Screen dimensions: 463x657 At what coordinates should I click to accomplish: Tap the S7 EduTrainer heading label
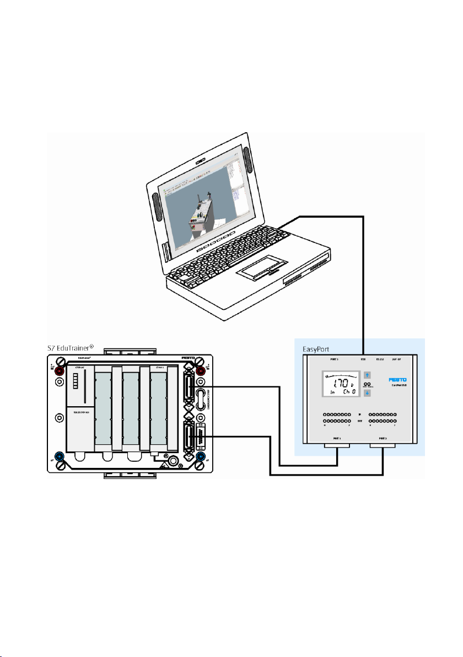coord(68,348)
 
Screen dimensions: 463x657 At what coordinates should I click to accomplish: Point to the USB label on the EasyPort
coord(363,359)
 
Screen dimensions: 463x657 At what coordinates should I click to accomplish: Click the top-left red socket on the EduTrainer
coord(60,371)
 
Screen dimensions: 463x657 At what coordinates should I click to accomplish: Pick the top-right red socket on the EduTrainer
coord(201,371)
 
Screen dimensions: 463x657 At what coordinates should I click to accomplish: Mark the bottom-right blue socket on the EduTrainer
coord(201,457)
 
